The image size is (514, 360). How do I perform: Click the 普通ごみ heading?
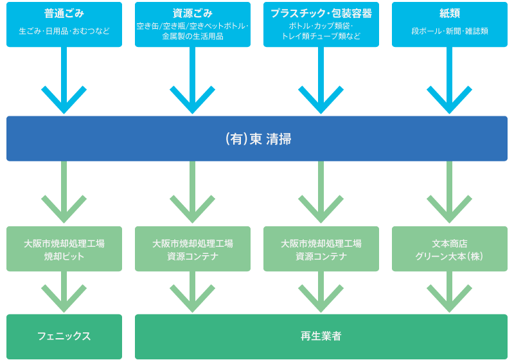[x=64, y=13]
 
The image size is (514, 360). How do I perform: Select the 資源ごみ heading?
[x=193, y=13]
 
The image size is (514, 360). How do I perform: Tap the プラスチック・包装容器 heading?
[x=321, y=13]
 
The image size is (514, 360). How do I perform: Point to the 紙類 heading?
[x=450, y=13]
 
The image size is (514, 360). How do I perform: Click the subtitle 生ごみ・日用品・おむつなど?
[x=64, y=31]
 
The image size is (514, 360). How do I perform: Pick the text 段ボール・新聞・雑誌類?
[x=450, y=31]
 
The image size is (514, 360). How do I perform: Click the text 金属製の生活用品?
[x=193, y=36]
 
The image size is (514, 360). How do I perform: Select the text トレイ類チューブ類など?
[x=321, y=36]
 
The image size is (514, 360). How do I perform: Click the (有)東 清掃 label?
[x=258, y=139]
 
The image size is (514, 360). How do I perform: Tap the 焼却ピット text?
[x=64, y=256]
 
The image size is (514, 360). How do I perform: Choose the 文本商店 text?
[x=450, y=244]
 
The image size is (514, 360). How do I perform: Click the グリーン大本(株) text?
[x=450, y=256]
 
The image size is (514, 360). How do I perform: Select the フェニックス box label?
[x=64, y=336]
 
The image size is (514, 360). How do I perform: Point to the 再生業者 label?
[x=321, y=336]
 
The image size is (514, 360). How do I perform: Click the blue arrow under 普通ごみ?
[x=64, y=80]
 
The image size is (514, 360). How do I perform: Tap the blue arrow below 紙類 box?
[x=449, y=80]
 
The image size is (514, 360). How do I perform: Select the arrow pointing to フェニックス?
[x=64, y=292]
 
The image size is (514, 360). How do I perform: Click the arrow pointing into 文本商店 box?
[x=449, y=192]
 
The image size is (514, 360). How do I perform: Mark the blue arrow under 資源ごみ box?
[x=192, y=80]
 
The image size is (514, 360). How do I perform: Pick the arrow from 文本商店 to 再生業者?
[x=449, y=292]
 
